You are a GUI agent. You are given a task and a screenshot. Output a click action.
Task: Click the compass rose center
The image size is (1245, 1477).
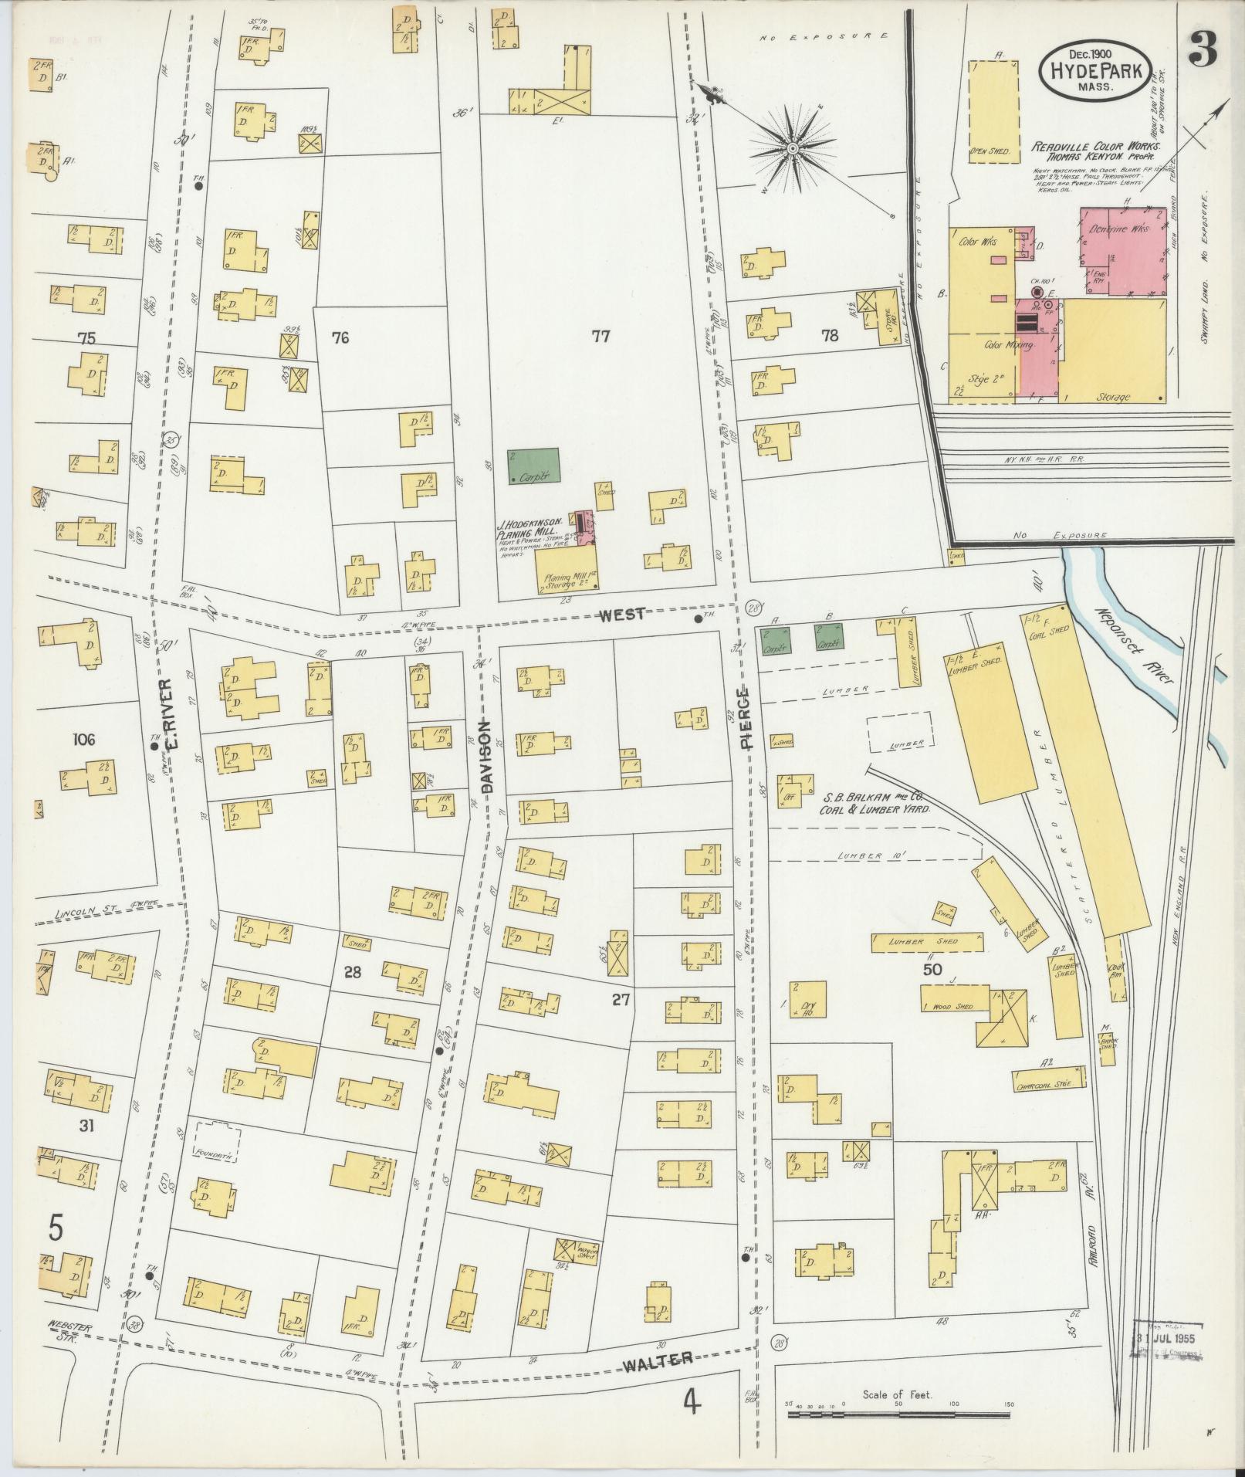tap(793, 147)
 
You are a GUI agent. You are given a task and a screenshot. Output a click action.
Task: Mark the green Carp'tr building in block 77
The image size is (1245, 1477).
tap(533, 466)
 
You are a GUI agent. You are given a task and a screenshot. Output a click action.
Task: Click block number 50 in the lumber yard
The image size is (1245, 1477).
tap(932, 970)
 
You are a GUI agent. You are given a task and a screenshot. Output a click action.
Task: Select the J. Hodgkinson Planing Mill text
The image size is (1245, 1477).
tap(529, 527)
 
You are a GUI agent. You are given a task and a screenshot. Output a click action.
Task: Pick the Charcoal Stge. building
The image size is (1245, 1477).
tap(1049, 1079)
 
